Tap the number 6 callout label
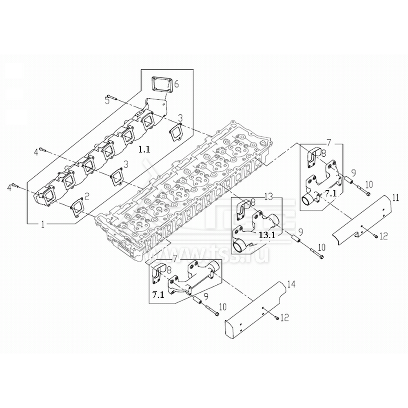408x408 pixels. pos(176,85)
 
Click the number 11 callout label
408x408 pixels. pos(395,199)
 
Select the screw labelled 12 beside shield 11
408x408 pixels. pos(374,236)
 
